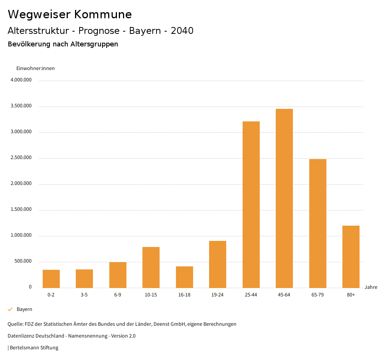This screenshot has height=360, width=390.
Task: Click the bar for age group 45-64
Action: click(x=284, y=198)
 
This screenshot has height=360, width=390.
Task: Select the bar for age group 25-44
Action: click(x=251, y=204)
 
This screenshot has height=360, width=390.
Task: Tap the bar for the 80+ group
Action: click(x=351, y=256)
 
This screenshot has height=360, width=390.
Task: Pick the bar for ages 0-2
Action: click(x=51, y=279)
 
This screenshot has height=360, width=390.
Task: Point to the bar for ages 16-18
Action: click(x=184, y=277)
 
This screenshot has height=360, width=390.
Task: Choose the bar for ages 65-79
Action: click(x=318, y=223)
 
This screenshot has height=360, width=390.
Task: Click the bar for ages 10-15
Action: click(x=151, y=267)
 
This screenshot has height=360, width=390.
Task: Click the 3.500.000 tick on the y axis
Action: click(x=21, y=106)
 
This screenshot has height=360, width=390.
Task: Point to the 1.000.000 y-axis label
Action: click(x=21, y=235)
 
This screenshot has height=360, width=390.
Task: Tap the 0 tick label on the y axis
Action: click(x=30, y=287)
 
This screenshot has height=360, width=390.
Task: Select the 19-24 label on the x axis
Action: click(x=217, y=295)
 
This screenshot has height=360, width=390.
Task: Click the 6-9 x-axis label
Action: click(x=118, y=295)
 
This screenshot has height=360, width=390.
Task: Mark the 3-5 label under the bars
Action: click(x=84, y=295)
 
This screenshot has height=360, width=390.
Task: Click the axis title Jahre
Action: click(x=371, y=287)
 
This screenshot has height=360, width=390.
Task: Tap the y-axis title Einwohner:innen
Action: click(x=35, y=68)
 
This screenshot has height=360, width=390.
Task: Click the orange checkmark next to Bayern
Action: click(x=10, y=309)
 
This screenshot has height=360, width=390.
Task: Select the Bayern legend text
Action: click(x=24, y=309)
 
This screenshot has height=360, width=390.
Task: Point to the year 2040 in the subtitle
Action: click(x=182, y=31)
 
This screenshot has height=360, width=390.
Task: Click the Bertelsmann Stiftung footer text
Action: click(x=34, y=348)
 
